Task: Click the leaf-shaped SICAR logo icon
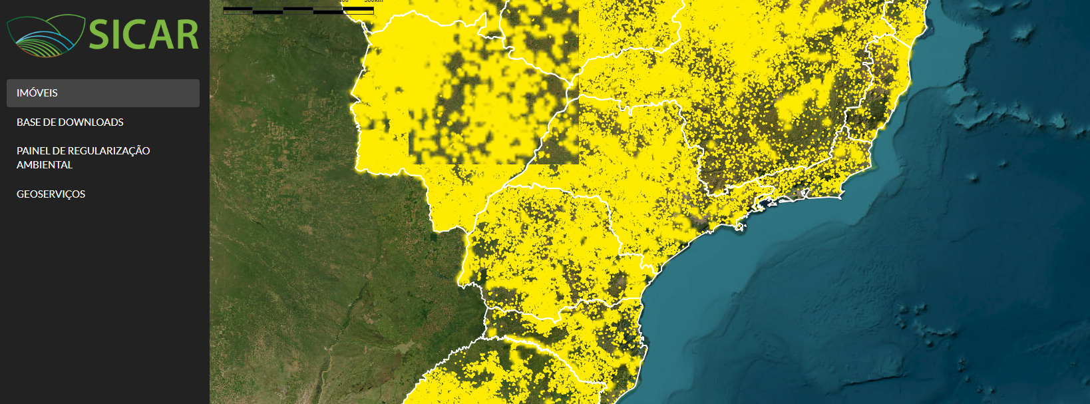[45, 35]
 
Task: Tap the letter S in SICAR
[100, 35]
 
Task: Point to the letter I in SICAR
[118, 35]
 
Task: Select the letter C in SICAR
[138, 35]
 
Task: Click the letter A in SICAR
[163, 35]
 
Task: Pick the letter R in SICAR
[188, 35]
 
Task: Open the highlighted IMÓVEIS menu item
[103, 93]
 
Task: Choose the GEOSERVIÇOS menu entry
[51, 194]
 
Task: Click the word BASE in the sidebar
[29, 122]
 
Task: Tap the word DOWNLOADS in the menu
[91, 122]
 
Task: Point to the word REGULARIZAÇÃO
[108, 151]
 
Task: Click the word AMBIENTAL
[45, 165]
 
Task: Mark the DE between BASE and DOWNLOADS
[49, 122]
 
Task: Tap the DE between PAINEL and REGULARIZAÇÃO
[59, 151]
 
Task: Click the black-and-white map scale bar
[298, 10]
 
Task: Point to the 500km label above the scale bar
[373, 1]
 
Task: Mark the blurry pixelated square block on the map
[493, 87]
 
